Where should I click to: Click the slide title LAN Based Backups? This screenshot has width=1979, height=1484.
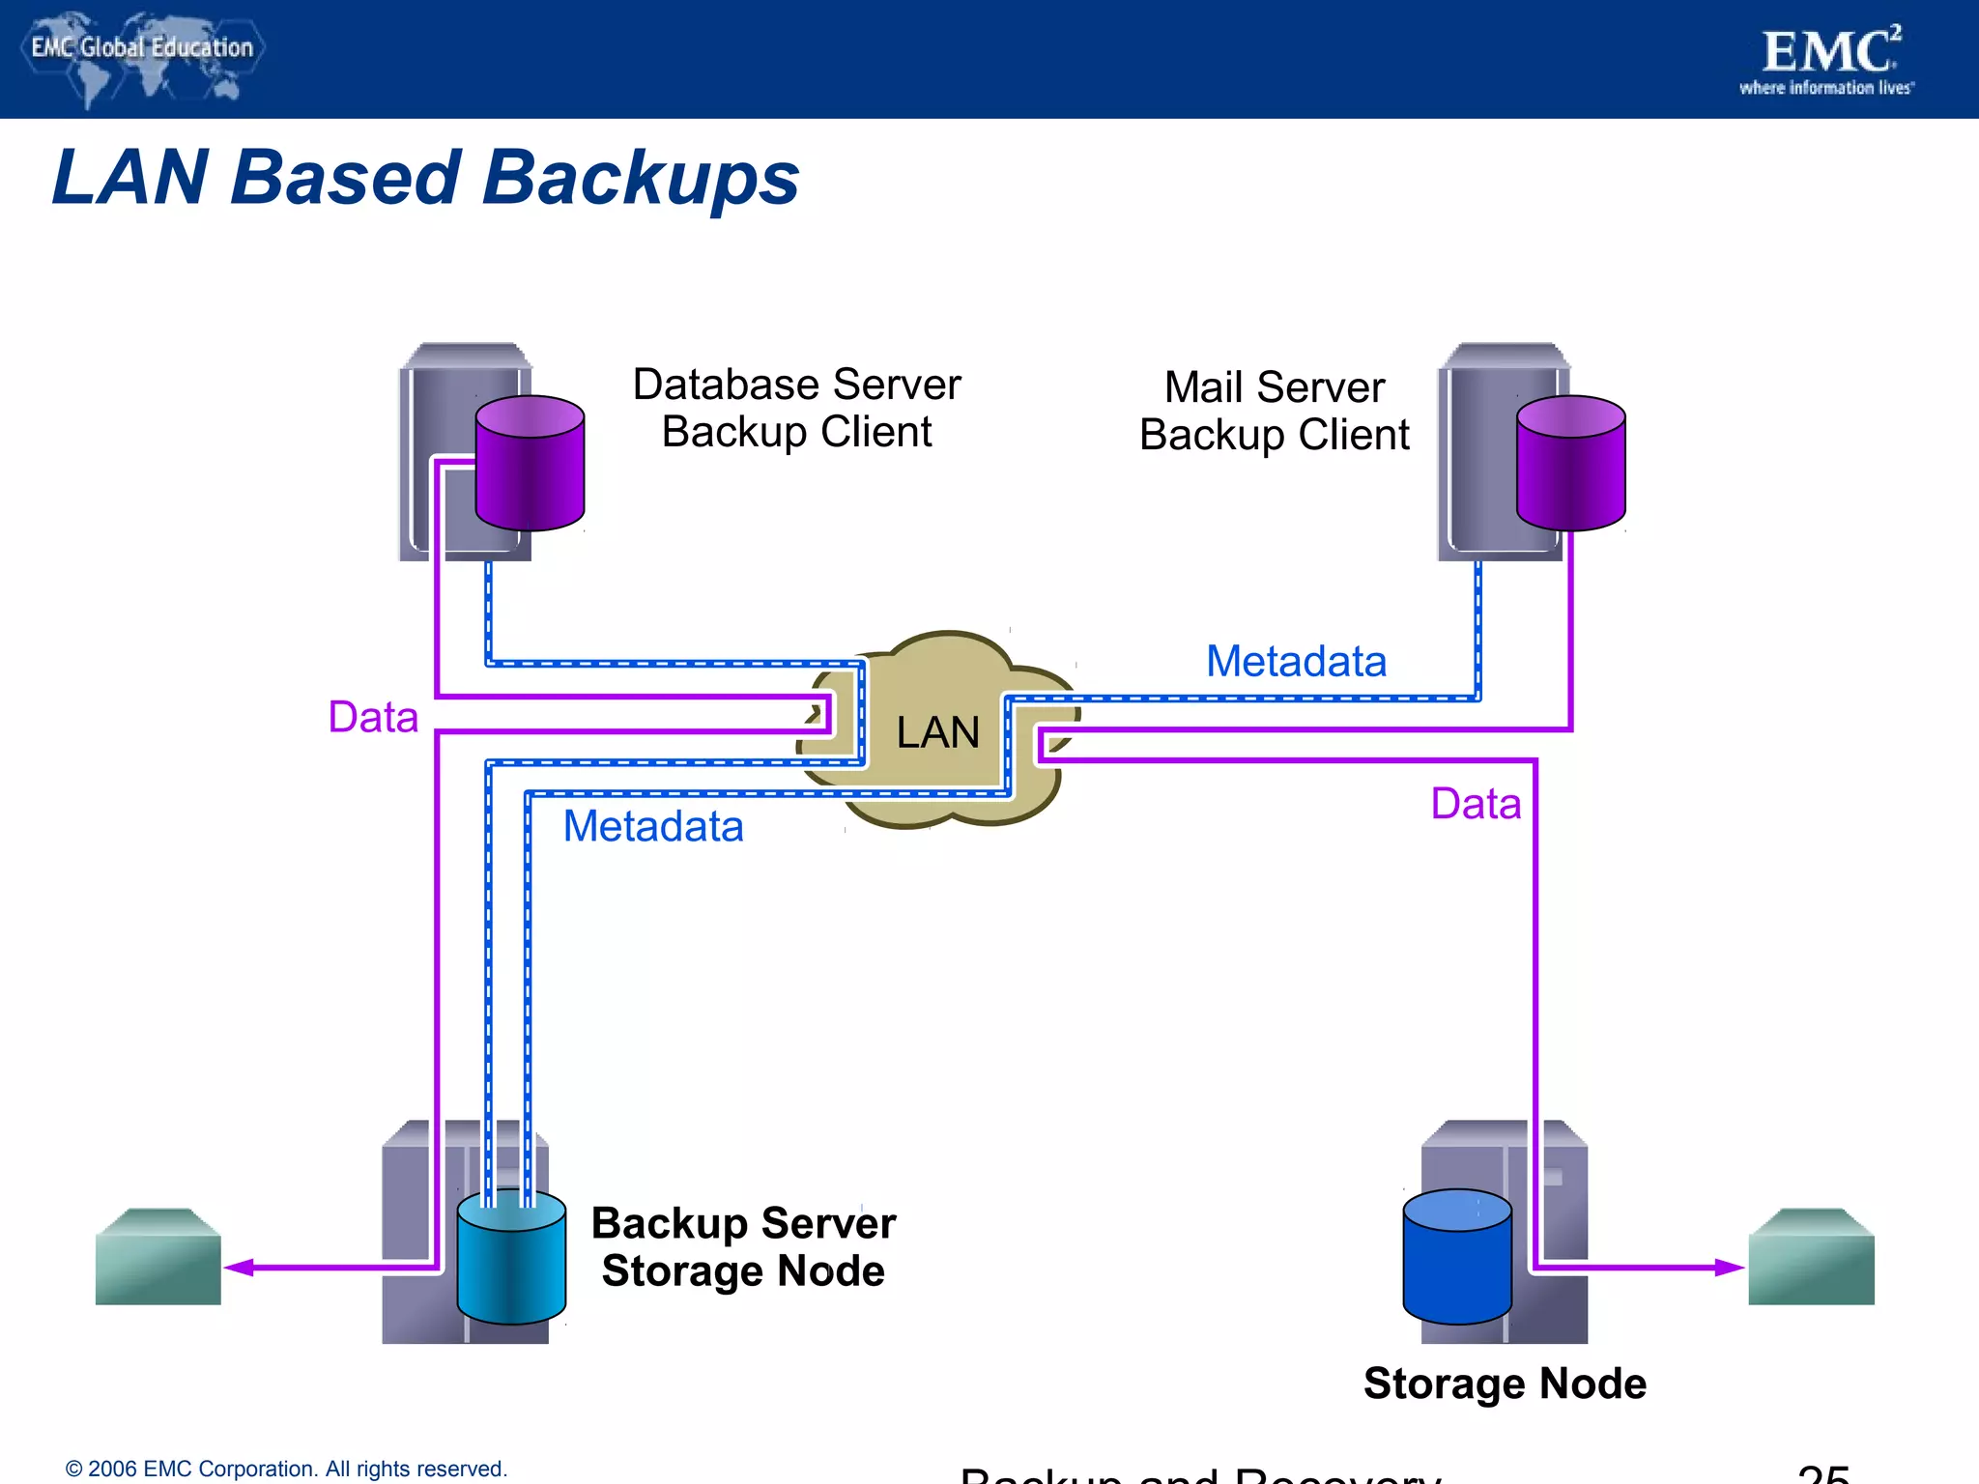click(425, 179)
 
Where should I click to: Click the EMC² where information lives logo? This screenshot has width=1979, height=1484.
click(1826, 60)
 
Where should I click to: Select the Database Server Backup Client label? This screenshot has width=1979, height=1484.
click(796, 408)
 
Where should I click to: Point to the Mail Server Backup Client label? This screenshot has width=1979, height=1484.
click(1274, 411)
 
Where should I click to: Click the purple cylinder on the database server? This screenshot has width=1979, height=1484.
click(530, 464)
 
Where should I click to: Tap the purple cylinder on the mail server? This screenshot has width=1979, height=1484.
click(1570, 464)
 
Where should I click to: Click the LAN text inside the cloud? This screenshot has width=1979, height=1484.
click(937, 732)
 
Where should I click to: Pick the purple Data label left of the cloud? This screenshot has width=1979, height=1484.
click(373, 718)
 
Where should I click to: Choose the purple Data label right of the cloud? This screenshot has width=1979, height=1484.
click(1476, 804)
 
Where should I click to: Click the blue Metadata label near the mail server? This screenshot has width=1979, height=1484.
click(1296, 662)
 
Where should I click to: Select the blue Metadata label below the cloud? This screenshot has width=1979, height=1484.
click(653, 827)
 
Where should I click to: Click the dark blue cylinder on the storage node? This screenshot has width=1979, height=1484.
click(1456, 1258)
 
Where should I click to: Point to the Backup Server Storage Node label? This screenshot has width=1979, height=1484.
click(743, 1247)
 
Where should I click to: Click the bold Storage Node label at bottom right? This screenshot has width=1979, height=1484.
click(1505, 1384)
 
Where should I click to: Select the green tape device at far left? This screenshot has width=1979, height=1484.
click(158, 1257)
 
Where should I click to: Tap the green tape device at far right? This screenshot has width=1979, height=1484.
click(1811, 1257)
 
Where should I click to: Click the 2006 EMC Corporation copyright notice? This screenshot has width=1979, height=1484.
click(286, 1469)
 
